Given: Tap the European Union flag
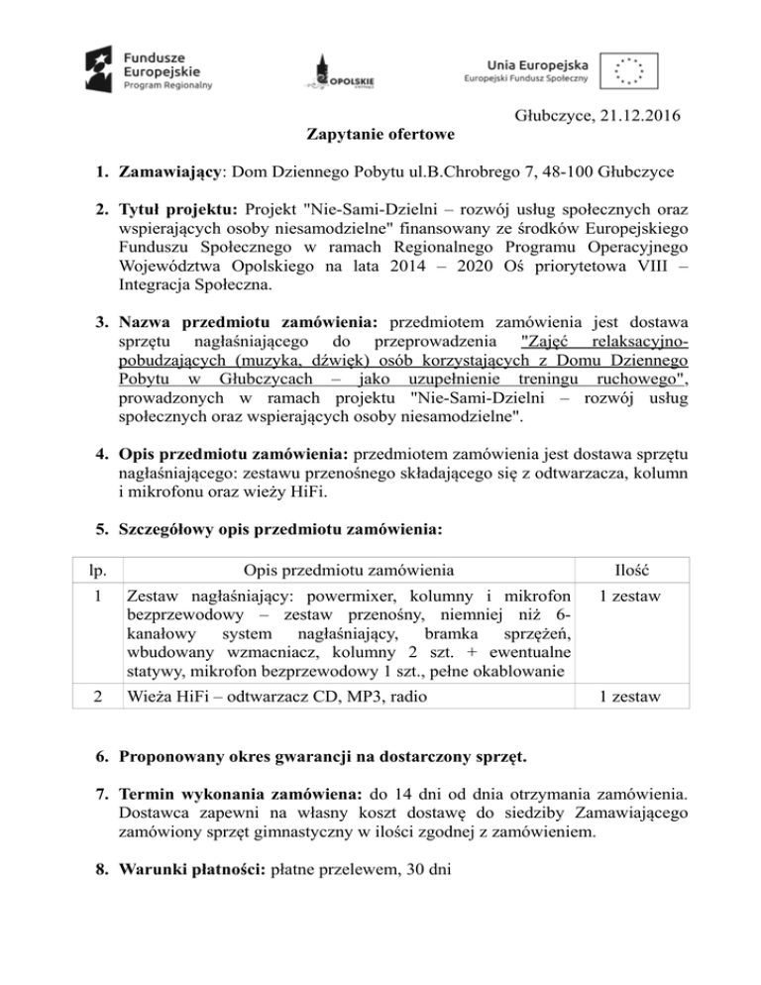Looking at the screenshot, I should click(626, 69).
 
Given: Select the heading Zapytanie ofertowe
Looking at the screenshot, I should click(381, 134).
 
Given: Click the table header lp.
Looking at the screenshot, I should click(92, 569).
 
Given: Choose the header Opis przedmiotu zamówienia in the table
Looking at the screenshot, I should click(344, 569).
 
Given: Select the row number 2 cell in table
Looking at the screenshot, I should click(92, 696).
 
